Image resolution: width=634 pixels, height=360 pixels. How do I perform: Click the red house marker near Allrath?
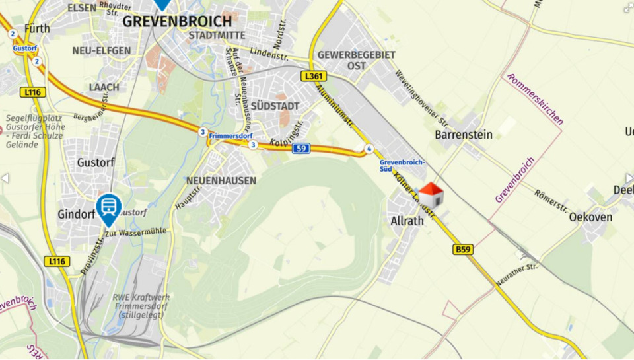[x=431, y=196]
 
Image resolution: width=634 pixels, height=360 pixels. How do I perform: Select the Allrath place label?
[x=407, y=221]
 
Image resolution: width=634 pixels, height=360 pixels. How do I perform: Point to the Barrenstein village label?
[x=464, y=135]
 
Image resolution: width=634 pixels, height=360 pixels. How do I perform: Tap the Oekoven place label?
[x=590, y=217]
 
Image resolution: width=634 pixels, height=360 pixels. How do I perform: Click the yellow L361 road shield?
[x=314, y=77]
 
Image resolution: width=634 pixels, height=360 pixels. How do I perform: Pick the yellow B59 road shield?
[x=463, y=249]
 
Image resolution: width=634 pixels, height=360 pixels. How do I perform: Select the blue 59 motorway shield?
[x=301, y=149]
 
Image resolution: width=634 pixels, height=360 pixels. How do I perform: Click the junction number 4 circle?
[x=369, y=149]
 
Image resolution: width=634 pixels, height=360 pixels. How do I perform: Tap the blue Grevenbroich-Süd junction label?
[x=402, y=165]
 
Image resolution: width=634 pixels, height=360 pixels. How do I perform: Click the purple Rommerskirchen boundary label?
[x=536, y=99]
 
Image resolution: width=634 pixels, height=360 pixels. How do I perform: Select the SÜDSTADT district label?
[x=275, y=106]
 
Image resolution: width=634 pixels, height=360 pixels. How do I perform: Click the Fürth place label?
[x=37, y=28]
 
